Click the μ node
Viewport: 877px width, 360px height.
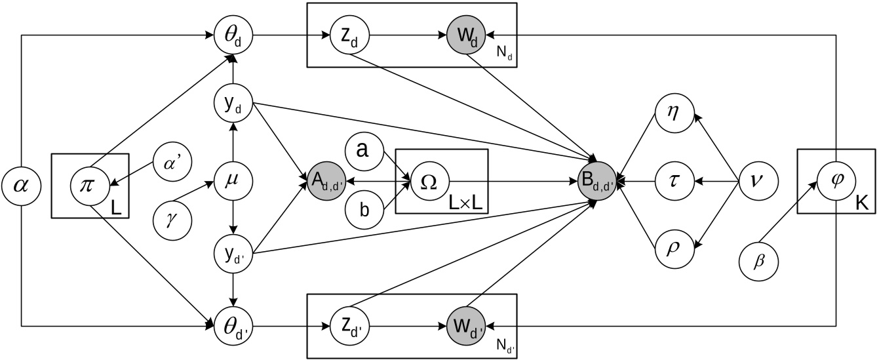tap(233, 180)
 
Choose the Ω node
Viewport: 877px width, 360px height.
tap(430, 180)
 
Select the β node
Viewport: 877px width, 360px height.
tap(760, 261)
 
